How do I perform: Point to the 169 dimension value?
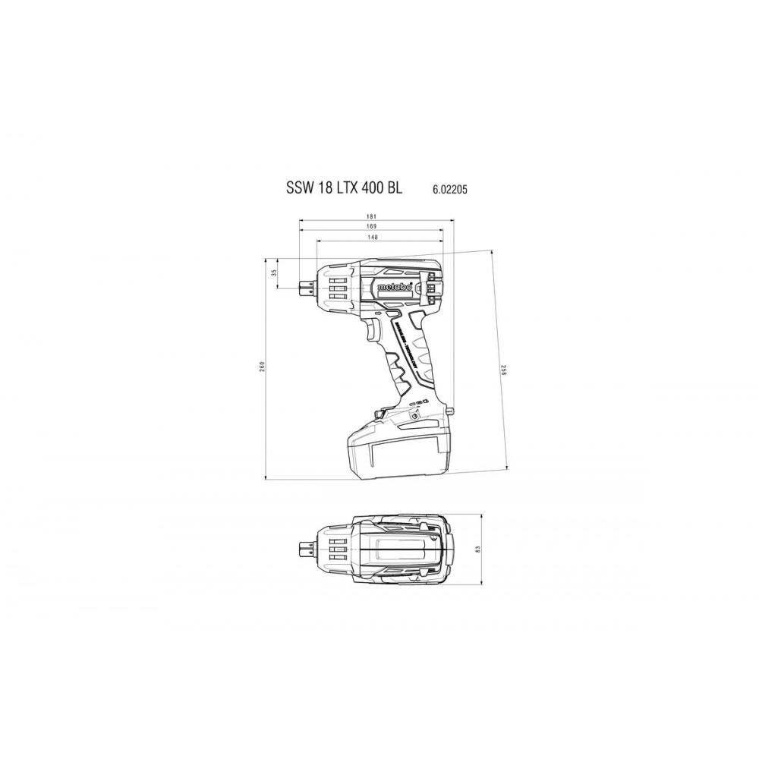click(372, 226)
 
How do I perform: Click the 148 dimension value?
click(372, 237)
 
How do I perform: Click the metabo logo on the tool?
click(395, 287)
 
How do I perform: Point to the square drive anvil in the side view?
click(305, 286)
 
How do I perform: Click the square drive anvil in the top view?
click(305, 548)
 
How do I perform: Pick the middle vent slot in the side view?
click(336, 287)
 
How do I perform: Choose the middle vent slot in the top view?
click(336, 548)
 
